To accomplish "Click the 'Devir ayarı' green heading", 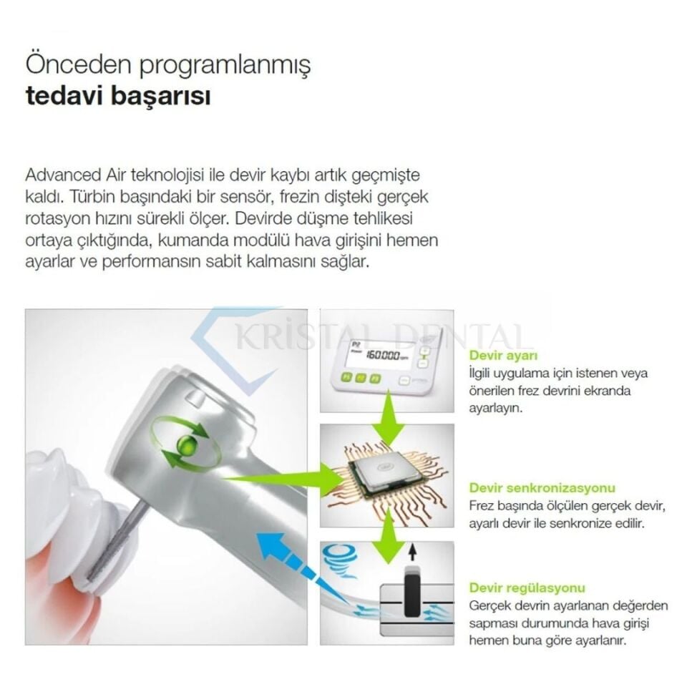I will pyautogui.click(x=503, y=355).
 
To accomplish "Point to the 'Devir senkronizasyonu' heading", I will pyautogui.click(x=542, y=488).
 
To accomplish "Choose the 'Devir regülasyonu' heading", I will pyautogui.click(x=527, y=588).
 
